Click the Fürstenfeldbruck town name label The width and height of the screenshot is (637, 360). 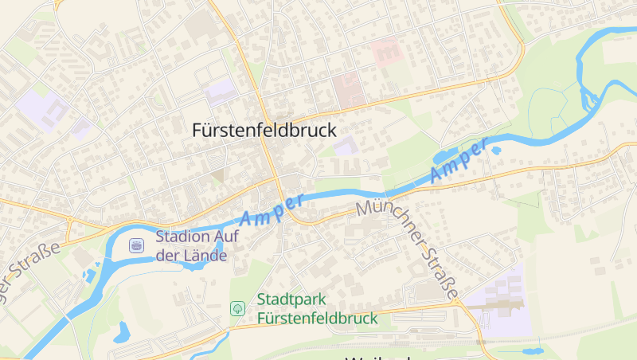click(264, 131)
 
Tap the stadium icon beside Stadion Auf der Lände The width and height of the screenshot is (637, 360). click(137, 245)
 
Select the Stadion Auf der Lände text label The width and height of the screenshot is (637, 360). click(192, 245)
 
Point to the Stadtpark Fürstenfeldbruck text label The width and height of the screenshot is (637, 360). click(317, 309)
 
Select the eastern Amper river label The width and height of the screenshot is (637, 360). click(459, 162)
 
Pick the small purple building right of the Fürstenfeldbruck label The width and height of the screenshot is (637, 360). click(345, 146)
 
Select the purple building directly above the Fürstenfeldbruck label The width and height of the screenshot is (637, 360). click(221, 92)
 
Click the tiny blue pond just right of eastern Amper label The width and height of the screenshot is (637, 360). click(496, 150)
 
